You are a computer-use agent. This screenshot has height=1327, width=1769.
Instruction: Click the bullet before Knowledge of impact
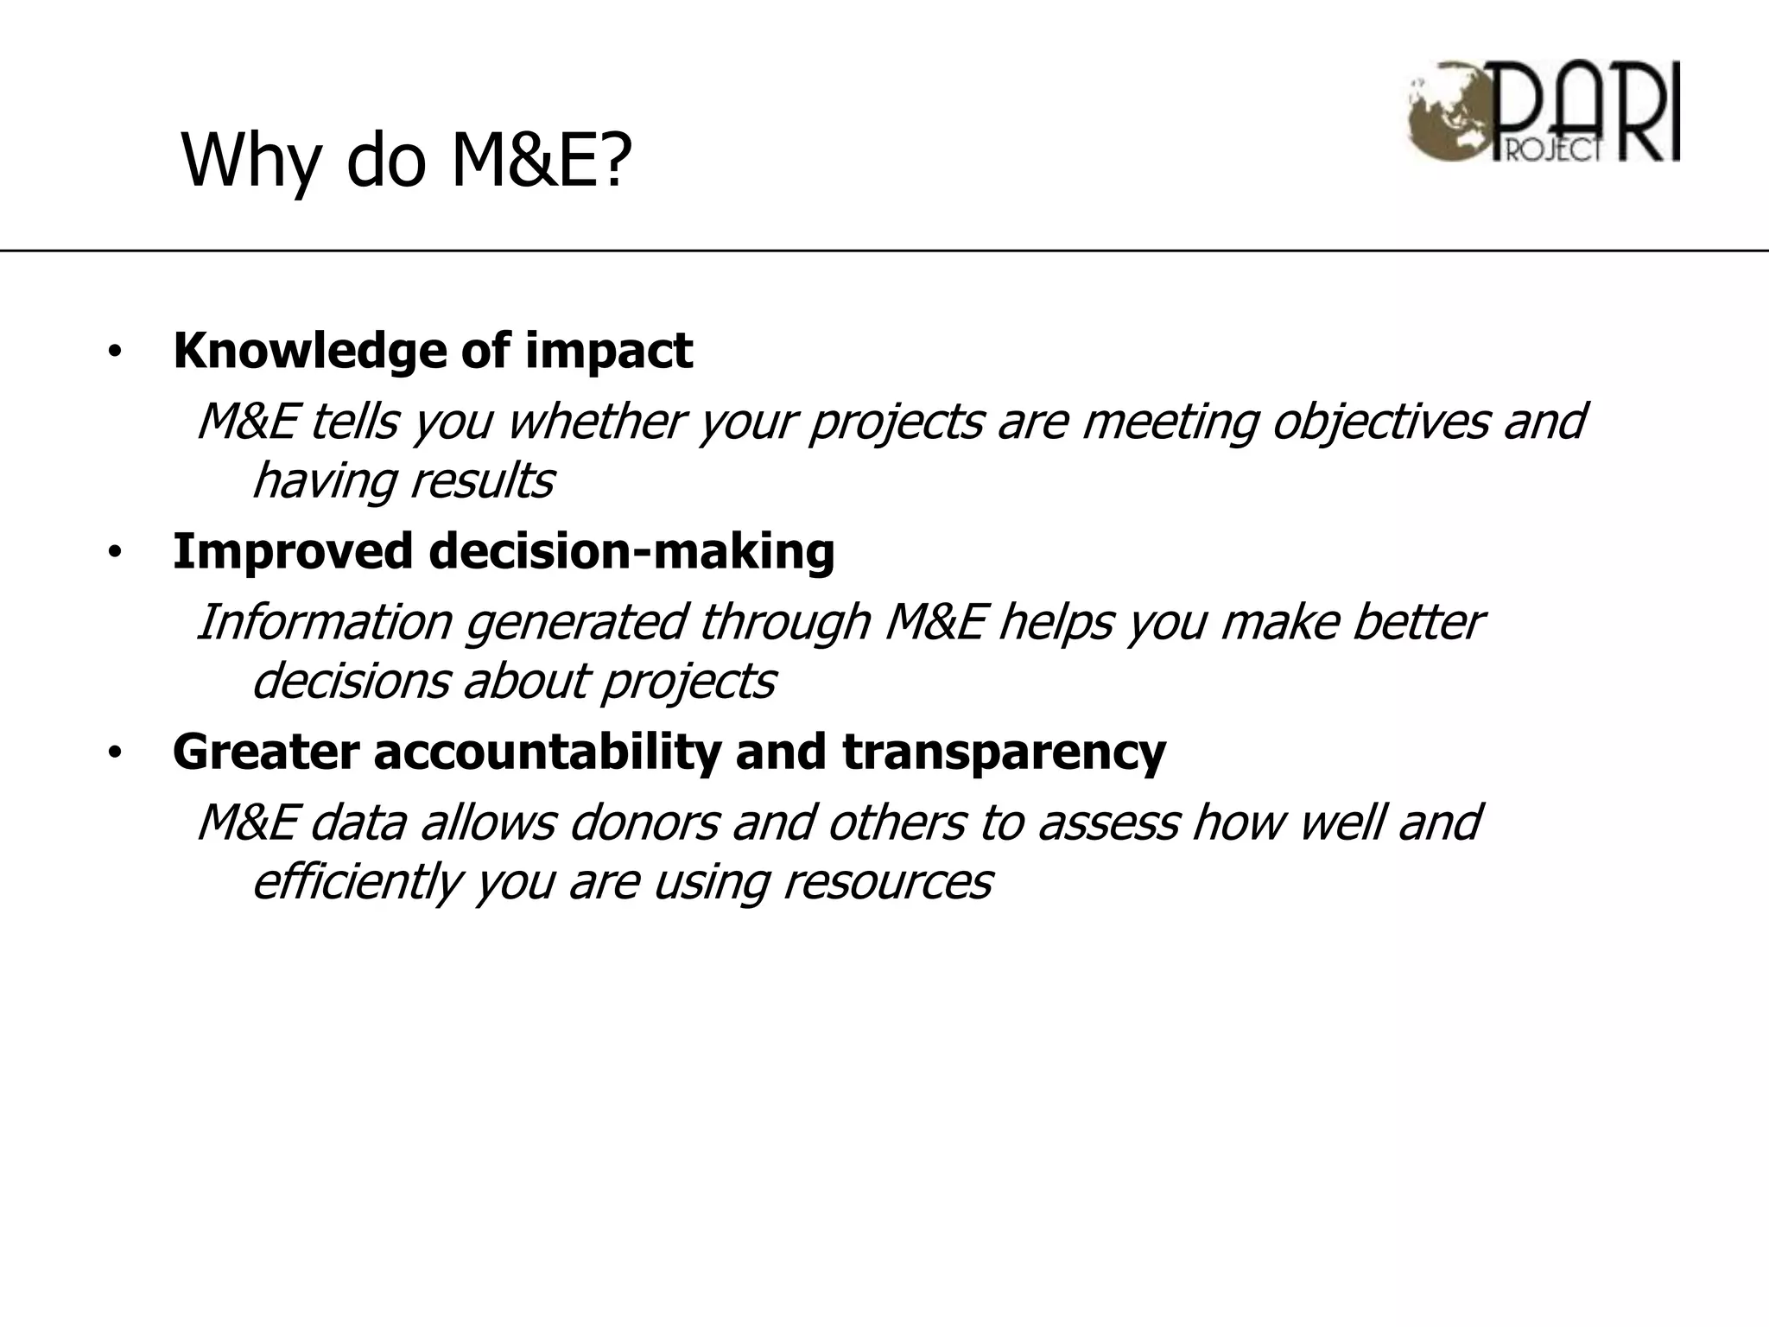tap(115, 352)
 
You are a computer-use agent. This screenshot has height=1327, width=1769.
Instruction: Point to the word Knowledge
tap(309, 351)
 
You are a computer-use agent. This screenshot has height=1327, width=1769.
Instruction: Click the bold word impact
tap(608, 351)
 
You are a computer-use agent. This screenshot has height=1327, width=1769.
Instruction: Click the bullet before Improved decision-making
tap(115, 553)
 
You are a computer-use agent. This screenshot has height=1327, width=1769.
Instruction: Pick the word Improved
tap(293, 551)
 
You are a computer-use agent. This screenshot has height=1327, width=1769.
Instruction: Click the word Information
tap(325, 622)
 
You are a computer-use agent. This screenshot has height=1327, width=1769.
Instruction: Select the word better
tap(1417, 622)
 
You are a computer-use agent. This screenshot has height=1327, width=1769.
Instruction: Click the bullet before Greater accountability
tap(115, 753)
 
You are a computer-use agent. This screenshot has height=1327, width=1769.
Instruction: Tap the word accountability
tap(546, 752)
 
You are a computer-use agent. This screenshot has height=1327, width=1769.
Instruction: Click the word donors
tap(644, 822)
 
